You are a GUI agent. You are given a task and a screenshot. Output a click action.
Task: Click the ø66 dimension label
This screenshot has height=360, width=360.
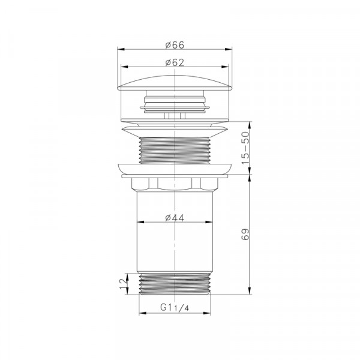175,45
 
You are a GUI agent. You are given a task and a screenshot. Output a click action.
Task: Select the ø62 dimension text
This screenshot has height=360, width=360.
175,62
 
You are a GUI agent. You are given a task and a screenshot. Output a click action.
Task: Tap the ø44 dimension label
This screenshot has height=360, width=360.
175,218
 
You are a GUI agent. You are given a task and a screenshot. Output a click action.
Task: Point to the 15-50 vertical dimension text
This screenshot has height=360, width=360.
245,148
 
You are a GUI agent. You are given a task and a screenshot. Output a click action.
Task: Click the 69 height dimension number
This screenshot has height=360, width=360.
245,234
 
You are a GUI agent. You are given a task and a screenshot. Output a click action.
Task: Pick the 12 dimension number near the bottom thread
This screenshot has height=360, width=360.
123,284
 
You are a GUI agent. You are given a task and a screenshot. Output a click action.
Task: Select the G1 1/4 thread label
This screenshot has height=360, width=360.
175,307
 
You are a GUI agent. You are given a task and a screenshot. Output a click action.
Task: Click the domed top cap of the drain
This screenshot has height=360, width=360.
175,83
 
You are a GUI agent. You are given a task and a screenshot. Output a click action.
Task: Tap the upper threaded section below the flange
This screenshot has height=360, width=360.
175,150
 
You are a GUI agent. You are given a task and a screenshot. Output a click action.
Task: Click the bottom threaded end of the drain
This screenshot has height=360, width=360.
175,284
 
